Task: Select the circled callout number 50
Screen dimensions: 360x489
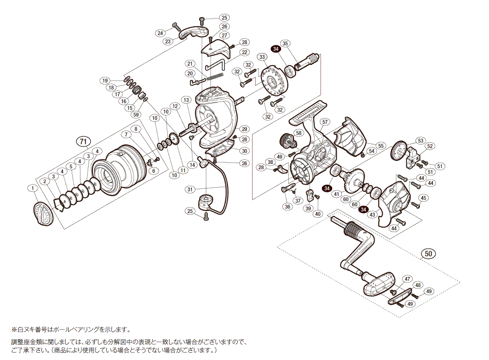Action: (428, 253)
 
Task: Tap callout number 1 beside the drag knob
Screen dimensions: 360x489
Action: (33, 188)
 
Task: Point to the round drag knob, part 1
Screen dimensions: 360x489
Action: (43, 213)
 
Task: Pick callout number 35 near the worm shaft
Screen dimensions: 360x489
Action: (286, 43)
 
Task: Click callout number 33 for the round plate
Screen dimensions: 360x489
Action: (262, 57)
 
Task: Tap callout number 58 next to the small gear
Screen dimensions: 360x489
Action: (298, 134)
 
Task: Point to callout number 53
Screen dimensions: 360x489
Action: (420, 140)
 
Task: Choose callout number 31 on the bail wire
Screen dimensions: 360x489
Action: (190, 190)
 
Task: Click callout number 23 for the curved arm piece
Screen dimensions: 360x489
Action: (168, 42)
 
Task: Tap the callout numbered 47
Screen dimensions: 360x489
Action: (407, 279)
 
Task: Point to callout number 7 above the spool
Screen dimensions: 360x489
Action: (125, 135)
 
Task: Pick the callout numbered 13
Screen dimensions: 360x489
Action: (186, 100)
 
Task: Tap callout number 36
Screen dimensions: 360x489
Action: (287, 207)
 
